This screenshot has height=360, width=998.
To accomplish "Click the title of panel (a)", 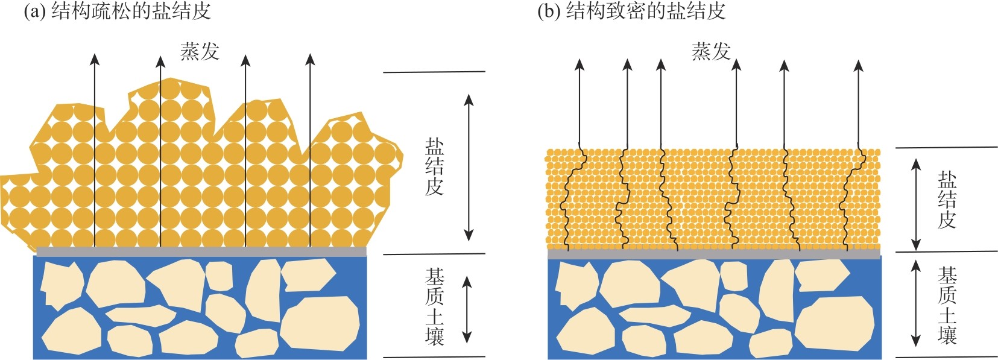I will [117, 11].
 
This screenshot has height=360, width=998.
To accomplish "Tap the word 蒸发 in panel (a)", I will [200, 52].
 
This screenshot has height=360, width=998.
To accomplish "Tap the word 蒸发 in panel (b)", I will [711, 52].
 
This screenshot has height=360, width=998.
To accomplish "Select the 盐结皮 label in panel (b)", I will [947, 200].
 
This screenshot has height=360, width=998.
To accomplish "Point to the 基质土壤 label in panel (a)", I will [434, 306].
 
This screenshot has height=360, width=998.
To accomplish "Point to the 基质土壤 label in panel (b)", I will [947, 306].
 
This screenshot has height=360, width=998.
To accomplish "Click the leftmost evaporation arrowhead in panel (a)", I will [95, 58].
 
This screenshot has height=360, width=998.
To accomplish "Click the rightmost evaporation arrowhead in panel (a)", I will [310, 59].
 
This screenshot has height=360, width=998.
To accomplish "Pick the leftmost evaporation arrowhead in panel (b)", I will [580, 65].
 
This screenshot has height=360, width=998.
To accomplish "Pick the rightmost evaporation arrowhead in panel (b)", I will [859, 65].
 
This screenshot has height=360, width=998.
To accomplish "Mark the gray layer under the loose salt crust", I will [201, 251].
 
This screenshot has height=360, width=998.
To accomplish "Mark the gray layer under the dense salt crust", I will [713, 255].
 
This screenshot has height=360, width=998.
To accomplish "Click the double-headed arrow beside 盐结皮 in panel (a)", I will [469, 167].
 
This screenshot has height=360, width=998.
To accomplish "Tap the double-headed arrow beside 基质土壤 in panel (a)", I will [467, 309].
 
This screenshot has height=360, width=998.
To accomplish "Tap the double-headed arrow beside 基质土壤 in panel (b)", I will [916, 303].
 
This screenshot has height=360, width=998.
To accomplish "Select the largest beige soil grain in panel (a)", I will [320, 323].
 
